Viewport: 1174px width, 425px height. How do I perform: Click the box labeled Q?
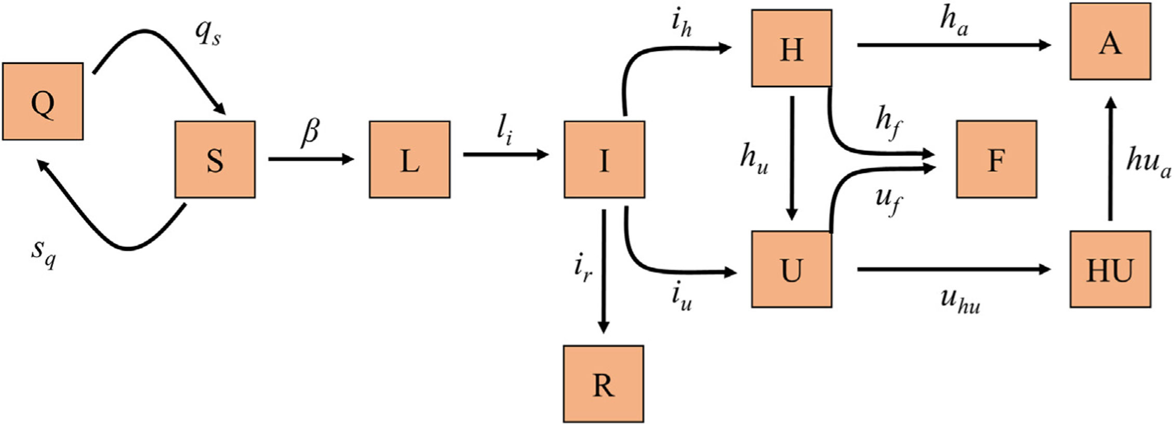[x=43, y=101]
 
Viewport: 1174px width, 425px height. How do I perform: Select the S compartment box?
[x=215, y=160]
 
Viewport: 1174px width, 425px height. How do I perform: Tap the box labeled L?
[x=409, y=160]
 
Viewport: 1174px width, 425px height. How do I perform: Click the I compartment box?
[x=604, y=160]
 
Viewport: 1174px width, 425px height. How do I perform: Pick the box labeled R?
[x=603, y=383]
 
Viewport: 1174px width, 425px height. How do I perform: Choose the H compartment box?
[x=791, y=48]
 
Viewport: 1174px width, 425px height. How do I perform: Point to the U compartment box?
[x=791, y=269]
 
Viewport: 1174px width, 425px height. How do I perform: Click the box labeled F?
[x=996, y=160]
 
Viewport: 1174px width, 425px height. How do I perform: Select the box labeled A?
[x=1110, y=42]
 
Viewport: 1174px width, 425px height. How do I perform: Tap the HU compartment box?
[x=1110, y=269]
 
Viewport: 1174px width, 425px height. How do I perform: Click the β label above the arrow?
[x=310, y=132]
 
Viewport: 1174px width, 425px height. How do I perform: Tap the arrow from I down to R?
[x=603, y=270]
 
